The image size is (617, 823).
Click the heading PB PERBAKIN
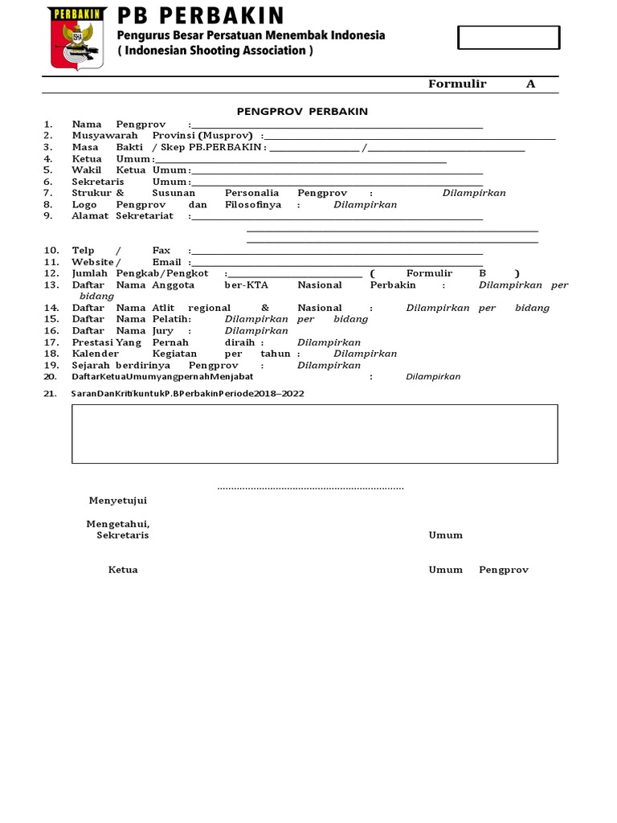click(x=201, y=15)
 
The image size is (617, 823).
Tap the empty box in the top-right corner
click(x=508, y=38)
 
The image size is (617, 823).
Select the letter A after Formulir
click(x=530, y=84)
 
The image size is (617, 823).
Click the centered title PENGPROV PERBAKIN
click(x=302, y=111)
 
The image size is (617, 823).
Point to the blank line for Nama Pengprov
click(x=337, y=125)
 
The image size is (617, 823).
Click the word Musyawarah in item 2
click(x=98, y=136)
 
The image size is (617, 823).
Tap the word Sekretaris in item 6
click(x=97, y=182)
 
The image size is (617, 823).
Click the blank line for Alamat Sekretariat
click(x=337, y=217)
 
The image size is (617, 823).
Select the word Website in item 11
click(x=92, y=262)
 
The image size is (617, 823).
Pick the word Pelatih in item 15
click(x=171, y=319)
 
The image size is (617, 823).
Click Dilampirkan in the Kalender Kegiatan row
click(x=366, y=354)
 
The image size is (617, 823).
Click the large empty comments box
click(x=314, y=434)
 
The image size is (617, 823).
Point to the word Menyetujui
click(x=117, y=500)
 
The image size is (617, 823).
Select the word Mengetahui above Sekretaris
click(x=118, y=524)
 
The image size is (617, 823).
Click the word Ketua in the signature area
click(x=123, y=570)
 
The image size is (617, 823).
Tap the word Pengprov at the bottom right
click(x=504, y=570)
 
